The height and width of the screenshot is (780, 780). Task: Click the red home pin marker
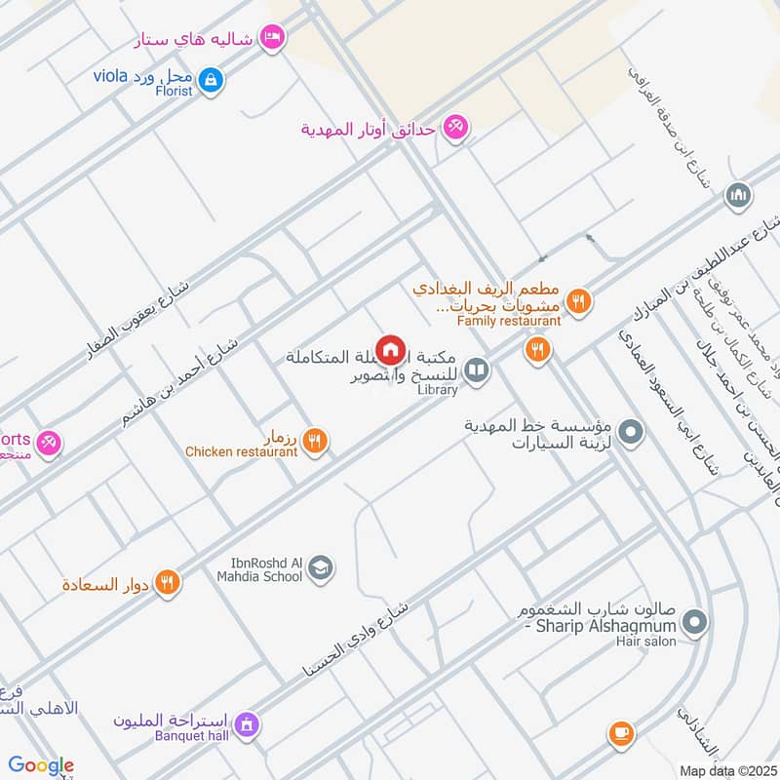(391, 349)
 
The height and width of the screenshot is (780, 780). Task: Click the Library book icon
(476, 370)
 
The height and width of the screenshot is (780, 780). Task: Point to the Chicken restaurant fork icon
(313, 441)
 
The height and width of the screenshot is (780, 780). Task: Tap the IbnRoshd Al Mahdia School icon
(320, 568)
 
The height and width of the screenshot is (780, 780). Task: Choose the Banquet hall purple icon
(247, 723)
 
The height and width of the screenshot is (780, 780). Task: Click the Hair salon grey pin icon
(694, 620)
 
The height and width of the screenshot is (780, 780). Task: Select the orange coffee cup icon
(620, 732)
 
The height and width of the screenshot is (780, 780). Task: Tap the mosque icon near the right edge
(739, 196)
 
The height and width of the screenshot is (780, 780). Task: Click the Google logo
(41, 765)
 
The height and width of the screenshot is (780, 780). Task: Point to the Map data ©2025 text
(727, 769)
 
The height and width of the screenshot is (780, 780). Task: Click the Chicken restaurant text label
(242, 451)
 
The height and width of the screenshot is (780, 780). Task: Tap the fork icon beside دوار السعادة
(168, 582)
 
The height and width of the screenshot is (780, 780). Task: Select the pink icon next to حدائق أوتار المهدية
(454, 127)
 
